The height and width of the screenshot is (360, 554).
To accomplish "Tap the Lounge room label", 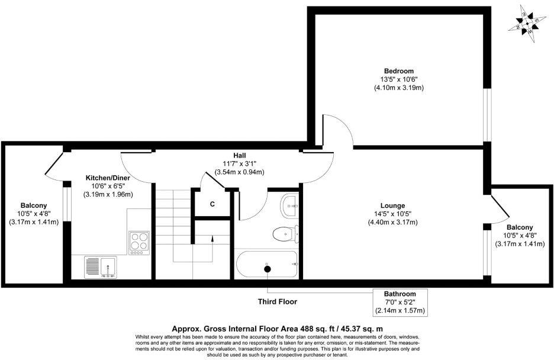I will (392, 205).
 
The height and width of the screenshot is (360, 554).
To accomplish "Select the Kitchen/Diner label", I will (108, 178).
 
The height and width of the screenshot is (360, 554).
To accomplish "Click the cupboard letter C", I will (212, 204).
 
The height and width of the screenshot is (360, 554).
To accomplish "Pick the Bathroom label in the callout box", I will (400, 294).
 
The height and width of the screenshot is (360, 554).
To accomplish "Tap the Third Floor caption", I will (276, 301).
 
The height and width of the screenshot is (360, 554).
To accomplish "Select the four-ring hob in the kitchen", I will (139, 243).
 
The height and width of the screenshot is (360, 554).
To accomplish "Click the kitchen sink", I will (101, 266).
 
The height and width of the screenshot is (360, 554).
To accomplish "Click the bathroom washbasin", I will (290, 205).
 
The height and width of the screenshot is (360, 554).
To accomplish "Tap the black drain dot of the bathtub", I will (267, 269).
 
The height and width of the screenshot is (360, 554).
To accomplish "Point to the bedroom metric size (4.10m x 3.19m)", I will (398, 88).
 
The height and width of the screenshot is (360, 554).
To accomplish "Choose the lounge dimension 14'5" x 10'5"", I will (392, 214).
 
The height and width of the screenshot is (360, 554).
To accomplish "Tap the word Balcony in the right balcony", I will (520, 227).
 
